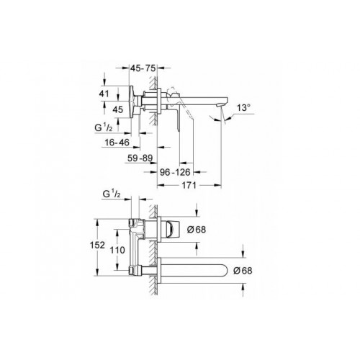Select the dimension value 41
[x=104, y=93]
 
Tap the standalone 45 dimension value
[x=117, y=109]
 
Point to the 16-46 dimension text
[x=116, y=144]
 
